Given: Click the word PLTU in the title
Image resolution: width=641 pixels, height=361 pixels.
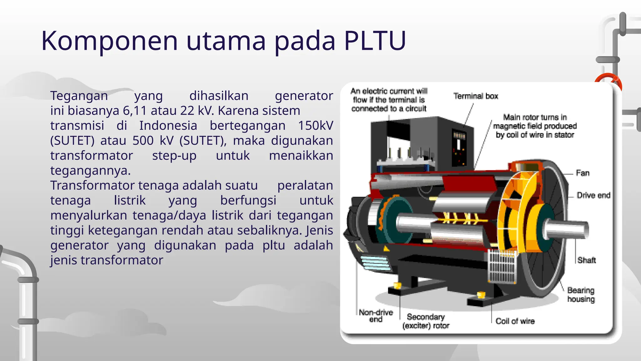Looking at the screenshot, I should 375,41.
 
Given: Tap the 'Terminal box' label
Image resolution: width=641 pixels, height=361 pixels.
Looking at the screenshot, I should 476,96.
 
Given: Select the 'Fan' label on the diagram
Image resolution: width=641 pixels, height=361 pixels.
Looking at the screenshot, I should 582,173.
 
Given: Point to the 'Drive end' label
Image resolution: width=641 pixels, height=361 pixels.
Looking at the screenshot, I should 593,195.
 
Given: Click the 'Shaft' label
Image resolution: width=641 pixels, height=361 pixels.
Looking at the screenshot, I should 587,260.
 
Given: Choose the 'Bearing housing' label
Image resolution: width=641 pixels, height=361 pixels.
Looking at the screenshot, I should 581,295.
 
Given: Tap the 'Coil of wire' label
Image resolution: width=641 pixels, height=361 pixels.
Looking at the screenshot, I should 515,321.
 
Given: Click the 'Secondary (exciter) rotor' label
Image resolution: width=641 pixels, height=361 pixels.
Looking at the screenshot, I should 426,321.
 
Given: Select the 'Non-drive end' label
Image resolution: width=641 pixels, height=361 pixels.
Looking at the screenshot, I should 376,316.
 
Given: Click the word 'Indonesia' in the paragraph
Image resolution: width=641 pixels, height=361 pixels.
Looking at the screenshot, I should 168,126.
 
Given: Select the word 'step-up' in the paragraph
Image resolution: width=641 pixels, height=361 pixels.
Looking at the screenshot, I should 174,155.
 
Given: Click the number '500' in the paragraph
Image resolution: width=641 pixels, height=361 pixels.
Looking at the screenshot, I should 143,141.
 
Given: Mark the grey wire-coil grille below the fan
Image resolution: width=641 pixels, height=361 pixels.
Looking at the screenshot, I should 502,266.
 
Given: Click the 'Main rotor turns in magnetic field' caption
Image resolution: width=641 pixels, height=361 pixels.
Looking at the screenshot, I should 535,126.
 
